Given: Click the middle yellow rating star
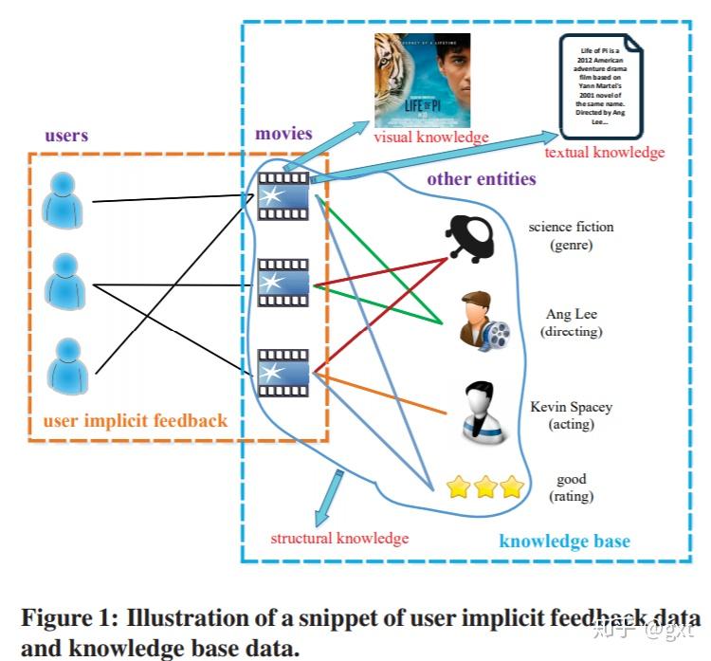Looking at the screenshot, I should pyautogui.click(x=485, y=487).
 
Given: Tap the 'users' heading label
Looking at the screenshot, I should pyautogui.click(x=66, y=135).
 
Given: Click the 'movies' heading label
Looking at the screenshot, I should pyautogui.click(x=283, y=133).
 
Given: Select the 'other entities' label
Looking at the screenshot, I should pyautogui.click(x=481, y=178).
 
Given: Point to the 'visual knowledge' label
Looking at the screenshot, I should pyautogui.click(x=431, y=138).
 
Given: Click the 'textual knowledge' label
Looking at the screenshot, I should pyautogui.click(x=604, y=152).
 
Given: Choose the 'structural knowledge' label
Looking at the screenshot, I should pyautogui.click(x=339, y=538).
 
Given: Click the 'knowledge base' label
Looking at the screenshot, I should pyautogui.click(x=564, y=542).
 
